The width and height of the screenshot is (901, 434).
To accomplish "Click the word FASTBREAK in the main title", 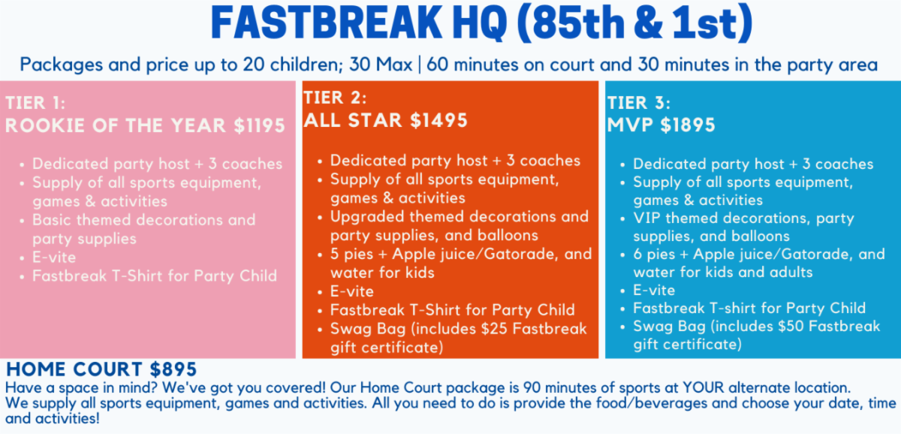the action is click(326, 23).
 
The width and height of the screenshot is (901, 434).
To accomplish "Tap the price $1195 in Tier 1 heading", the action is click(260, 125).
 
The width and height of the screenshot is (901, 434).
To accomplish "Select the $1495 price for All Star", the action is click(438, 120).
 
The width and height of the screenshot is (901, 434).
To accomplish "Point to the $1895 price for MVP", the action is click(688, 125).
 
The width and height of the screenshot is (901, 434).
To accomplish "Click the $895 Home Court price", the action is click(173, 369).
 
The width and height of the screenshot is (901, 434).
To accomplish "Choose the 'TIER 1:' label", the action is click(35, 103).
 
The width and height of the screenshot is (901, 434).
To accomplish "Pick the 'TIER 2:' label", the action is click(335, 98).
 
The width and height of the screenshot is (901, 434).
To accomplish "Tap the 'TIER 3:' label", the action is click(639, 103).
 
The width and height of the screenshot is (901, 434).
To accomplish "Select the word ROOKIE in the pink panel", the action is click(46, 125).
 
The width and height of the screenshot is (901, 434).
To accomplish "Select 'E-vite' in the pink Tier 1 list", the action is click(54, 258).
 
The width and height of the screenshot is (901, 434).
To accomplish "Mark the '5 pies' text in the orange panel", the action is click(356, 255).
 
